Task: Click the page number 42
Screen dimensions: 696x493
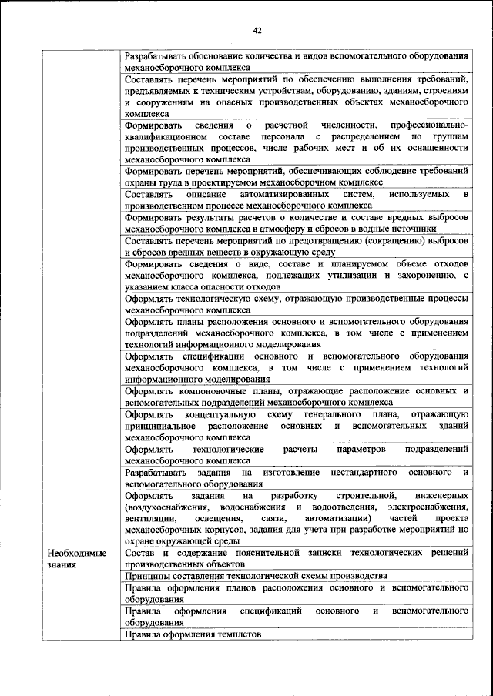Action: (x=257, y=30)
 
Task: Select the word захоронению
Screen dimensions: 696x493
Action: (x=428, y=275)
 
